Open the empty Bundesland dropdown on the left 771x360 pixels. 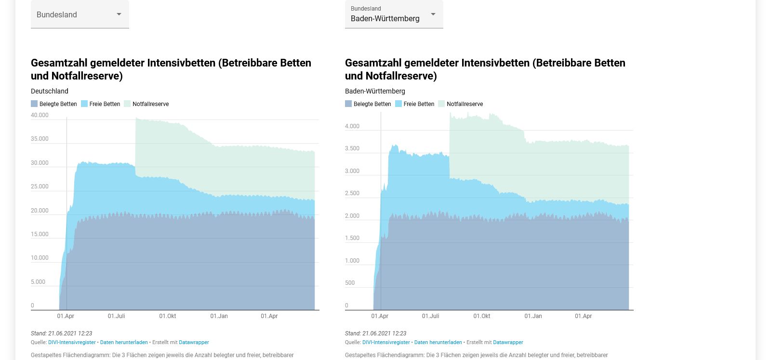coord(80,14)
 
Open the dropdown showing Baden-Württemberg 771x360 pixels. coord(394,14)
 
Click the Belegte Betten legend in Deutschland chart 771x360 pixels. coord(54,104)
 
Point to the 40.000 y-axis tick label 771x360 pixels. coord(40,115)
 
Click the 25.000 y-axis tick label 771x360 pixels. coord(40,187)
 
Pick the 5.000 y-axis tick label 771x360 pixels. coord(38,282)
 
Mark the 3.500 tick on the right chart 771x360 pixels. coord(352,148)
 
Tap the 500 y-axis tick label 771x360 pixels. coord(350,283)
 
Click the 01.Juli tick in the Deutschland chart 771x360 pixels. coord(116,316)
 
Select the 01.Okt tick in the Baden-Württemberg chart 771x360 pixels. coord(481,316)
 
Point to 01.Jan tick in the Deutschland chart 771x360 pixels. coord(219,316)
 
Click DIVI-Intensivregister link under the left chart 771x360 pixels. coord(72,342)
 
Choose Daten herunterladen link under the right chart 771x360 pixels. coord(438,342)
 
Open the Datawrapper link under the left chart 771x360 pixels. coord(194,342)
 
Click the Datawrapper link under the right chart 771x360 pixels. coord(508,342)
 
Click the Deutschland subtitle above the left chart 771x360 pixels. coord(50,91)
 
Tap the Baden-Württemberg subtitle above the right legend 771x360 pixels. coord(375,91)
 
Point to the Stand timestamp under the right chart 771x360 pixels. coord(375,333)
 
